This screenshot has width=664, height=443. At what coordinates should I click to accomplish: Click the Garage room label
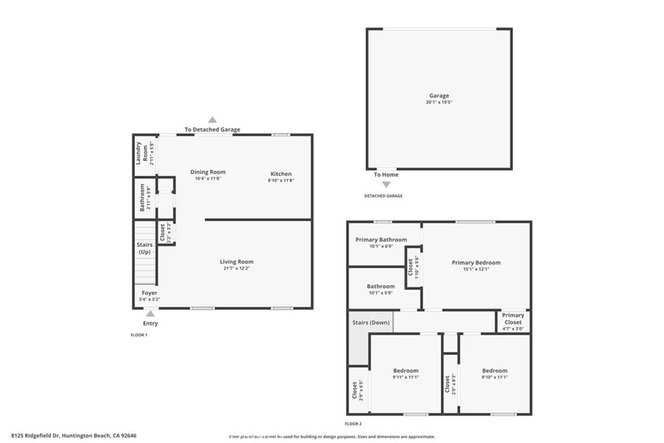tap(438, 96)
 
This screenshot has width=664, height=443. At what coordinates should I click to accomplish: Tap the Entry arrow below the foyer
tap(150, 313)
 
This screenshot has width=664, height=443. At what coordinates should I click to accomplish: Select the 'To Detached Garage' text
tap(212, 130)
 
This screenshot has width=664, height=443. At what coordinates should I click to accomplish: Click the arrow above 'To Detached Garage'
tap(212, 119)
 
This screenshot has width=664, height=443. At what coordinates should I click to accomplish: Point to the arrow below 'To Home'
tap(386, 185)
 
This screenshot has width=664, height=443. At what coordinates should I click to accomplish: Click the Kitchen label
tap(281, 174)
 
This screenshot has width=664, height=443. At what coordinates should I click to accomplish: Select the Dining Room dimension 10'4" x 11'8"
tap(208, 178)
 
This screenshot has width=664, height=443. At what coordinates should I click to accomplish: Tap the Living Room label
tap(236, 262)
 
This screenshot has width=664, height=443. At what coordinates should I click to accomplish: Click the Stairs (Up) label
tap(145, 248)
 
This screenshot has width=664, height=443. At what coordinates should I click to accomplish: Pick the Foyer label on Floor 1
tap(150, 293)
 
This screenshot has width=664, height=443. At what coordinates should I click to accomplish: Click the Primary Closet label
tap(513, 318)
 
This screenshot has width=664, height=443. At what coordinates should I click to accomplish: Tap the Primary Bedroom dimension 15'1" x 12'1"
tap(476, 269)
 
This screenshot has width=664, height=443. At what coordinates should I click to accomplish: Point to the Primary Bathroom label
tap(381, 239)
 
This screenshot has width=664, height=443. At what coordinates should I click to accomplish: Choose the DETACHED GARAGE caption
tap(383, 196)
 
